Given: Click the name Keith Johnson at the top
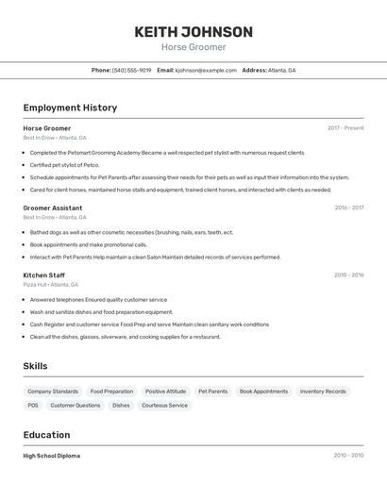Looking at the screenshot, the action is pyautogui.click(x=193, y=32).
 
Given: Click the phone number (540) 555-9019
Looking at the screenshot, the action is pyautogui.click(x=131, y=70).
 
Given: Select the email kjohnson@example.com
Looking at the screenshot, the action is pyautogui.click(x=206, y=70).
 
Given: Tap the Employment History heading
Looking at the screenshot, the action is pyautogui.click(x=70, y=108).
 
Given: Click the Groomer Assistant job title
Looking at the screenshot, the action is pyautogui.click(x=53, y=208).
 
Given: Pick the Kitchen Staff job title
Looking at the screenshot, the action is pyautogui.click(x=44, y=275).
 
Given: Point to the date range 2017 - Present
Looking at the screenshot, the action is pyautogui.click(x=345, y=128).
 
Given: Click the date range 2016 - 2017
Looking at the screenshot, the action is pyautogui.click(x=349, y=208).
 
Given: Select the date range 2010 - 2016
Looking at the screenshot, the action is pyautogui.click(x=348, y=275).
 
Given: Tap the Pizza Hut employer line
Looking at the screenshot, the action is pyautogui.click(x=51, y=284).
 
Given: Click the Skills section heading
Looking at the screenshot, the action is pyautogui.click(x=36, y=366).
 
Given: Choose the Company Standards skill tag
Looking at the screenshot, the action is pyautogui.click(x=53, y=392).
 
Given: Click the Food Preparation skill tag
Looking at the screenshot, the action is pyautogui.click(x=112, y=392).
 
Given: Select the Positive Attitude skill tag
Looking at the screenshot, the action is pyautogui.click(x=166, y=392).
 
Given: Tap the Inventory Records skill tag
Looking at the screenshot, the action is pyautogui.click(x=323, y=392).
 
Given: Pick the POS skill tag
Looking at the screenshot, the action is pyautogui.click(x=33, y=406).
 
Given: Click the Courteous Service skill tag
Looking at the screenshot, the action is pyautogui.click(x=165, y=406).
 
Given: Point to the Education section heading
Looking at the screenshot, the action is pyautogui.click(x=46, y=435).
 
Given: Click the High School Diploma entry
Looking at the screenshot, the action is pyautogui.click(x=52, y=456).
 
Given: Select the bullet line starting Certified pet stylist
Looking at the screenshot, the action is pyautogui.click(x=64, y=165).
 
